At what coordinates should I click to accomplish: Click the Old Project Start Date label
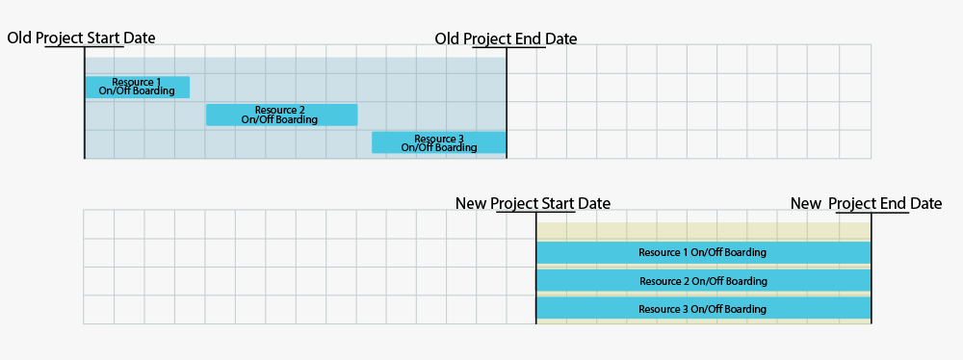point(81,38)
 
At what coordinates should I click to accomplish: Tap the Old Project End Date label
point(506,39)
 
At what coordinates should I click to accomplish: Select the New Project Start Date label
point(533,203)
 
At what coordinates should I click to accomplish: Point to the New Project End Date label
point(866,203)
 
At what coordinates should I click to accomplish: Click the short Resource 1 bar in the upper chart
point(137,87)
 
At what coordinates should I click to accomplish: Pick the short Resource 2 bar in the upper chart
point(281,115)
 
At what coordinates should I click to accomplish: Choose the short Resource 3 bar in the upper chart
point(438,142)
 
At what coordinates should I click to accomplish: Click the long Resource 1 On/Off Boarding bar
point(703,252)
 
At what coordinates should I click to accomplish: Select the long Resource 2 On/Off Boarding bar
point(703,280)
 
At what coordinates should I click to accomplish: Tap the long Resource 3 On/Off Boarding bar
point(703,308)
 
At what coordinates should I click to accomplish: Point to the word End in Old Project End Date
point(527,39)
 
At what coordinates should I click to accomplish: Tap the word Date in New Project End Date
point(925,203)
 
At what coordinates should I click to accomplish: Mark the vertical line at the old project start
point(85,106)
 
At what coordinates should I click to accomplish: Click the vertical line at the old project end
point(507,106)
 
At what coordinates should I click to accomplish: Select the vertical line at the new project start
point(535,270)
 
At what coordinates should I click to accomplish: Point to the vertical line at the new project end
point(872,270)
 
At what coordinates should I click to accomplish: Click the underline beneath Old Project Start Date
point(85,46)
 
